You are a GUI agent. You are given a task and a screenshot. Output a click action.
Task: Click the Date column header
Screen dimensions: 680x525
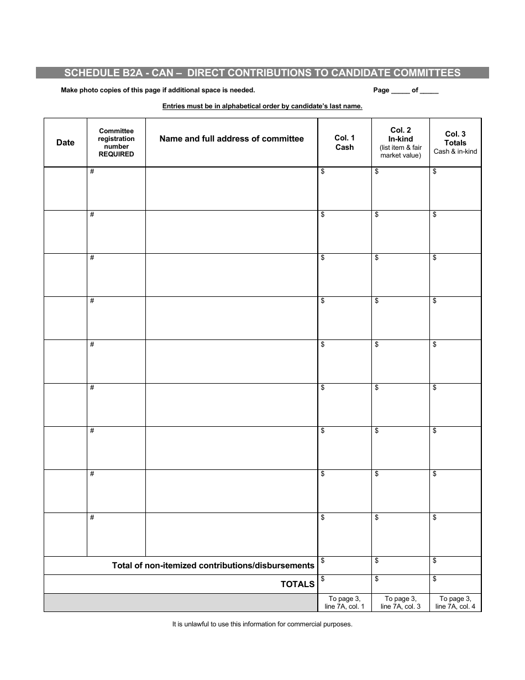pos(65,143)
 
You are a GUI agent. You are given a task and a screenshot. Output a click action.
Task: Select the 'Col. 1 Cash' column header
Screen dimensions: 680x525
pos(344,143)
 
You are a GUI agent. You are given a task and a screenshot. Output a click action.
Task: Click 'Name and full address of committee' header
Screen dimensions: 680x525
pos(232,139)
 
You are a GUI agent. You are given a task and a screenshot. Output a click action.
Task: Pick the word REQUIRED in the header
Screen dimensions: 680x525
pos(116,154)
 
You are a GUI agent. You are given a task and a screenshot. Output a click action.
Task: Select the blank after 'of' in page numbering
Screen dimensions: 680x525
pos(429,91)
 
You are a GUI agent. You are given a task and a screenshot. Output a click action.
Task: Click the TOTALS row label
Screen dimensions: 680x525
pos(297,584)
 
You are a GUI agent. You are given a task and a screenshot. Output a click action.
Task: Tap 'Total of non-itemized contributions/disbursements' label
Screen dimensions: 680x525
pos(213,565)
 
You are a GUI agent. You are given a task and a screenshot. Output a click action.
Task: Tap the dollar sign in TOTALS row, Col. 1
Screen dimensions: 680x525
pos(323,579)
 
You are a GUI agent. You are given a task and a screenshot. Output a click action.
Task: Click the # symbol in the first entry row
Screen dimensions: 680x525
pos(92,171)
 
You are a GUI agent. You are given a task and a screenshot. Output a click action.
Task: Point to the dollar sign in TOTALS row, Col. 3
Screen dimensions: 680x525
pos(435,579)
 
